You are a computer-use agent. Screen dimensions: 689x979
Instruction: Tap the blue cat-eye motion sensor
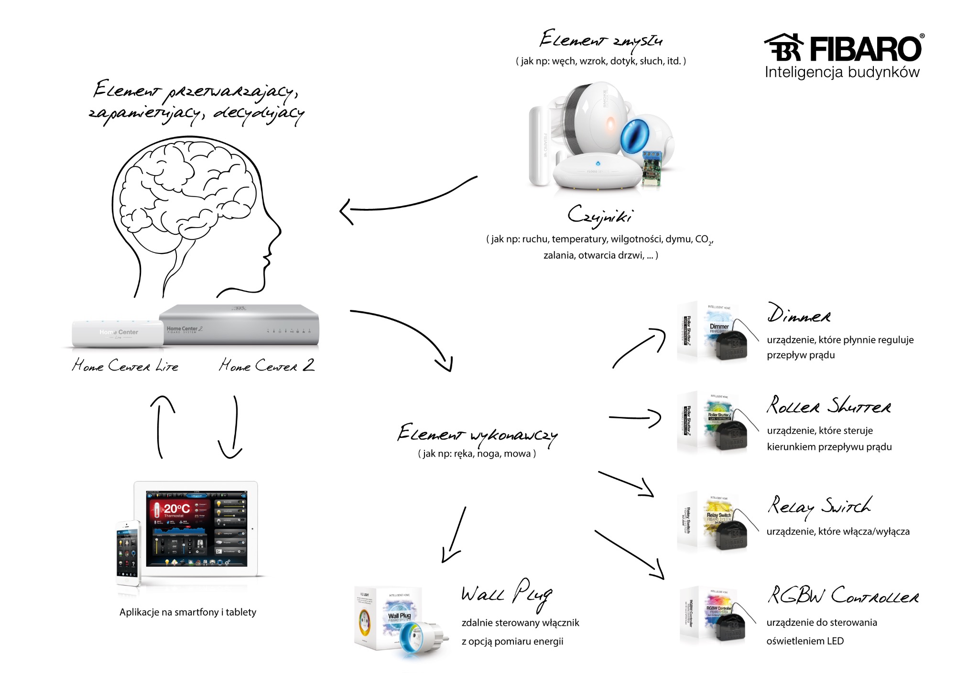tap(636, 136)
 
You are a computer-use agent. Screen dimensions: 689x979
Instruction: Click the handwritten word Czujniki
tap(600, 216)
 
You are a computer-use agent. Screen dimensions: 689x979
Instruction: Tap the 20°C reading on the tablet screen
tap(176, 509)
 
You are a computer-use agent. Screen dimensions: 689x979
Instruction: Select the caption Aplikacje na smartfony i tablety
tap(188, 612)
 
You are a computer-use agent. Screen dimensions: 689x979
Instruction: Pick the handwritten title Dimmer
tap(798, 314)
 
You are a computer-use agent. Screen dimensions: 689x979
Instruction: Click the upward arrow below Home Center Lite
tap(161, 426)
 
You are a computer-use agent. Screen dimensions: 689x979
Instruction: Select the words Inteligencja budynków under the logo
tap(842, 73)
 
